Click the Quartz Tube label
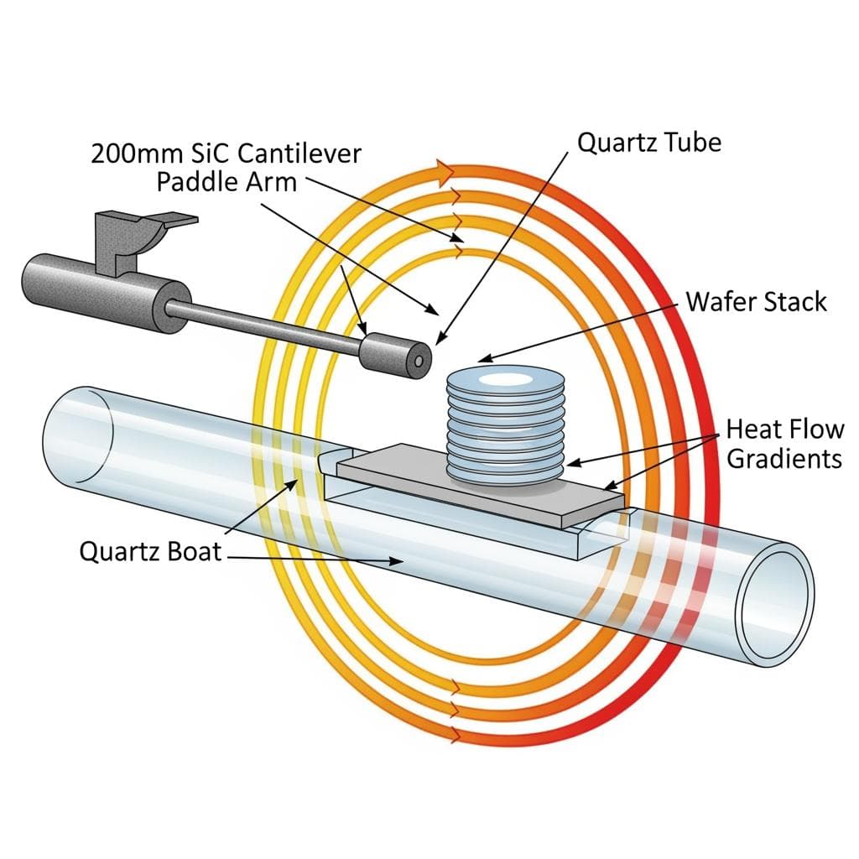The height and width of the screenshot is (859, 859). coord(649,142)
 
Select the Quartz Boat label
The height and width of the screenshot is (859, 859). coord(151,551)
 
